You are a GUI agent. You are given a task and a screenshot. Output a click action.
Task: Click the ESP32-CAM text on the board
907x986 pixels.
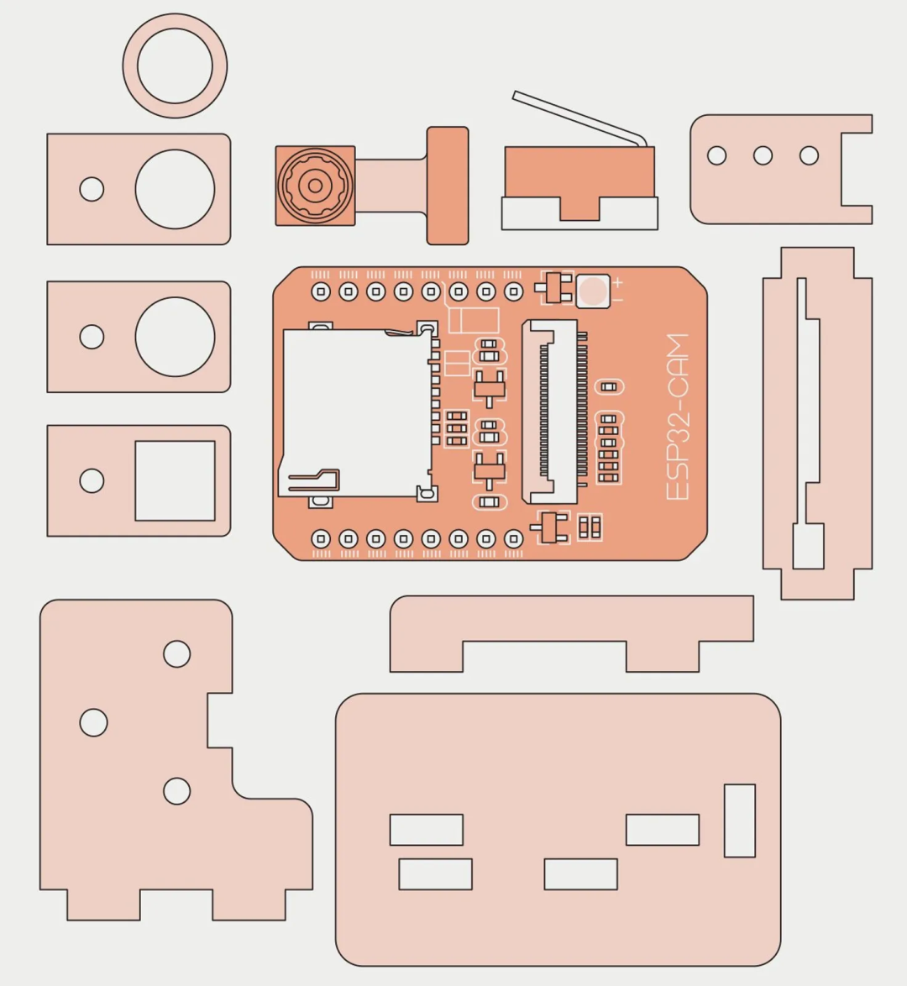[x=678, y=417]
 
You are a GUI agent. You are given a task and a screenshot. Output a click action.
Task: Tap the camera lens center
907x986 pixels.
[x=315, y=186]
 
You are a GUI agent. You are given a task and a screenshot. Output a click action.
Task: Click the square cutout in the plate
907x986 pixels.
[x=176, y=480]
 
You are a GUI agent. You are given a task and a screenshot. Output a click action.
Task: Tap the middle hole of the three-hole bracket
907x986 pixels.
[x=763, y=155]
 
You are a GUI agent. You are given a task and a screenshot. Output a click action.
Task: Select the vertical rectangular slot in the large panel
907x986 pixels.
[x=740, y=821]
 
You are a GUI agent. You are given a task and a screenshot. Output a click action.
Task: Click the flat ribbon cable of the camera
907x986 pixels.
[x=391, y=186]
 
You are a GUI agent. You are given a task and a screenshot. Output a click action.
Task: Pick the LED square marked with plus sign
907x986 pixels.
[x=593, y=291]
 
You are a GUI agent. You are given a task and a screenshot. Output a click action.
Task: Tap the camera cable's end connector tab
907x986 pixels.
[x=448, y=186]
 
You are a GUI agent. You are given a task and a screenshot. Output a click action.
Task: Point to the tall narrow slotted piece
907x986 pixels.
[x=818, y=423]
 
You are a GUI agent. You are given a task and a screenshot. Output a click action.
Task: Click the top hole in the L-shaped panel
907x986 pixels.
[x=176, y=654]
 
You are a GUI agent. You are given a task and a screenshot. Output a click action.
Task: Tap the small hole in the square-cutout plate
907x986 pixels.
[x=92, y=481]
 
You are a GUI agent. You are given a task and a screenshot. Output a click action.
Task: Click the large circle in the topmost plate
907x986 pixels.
[x=176, y=189]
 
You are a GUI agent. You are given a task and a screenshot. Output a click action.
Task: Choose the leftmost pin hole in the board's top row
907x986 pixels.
[x=322, y=291]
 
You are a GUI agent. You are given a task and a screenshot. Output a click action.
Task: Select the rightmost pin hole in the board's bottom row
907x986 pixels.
[x=514, y=539]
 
